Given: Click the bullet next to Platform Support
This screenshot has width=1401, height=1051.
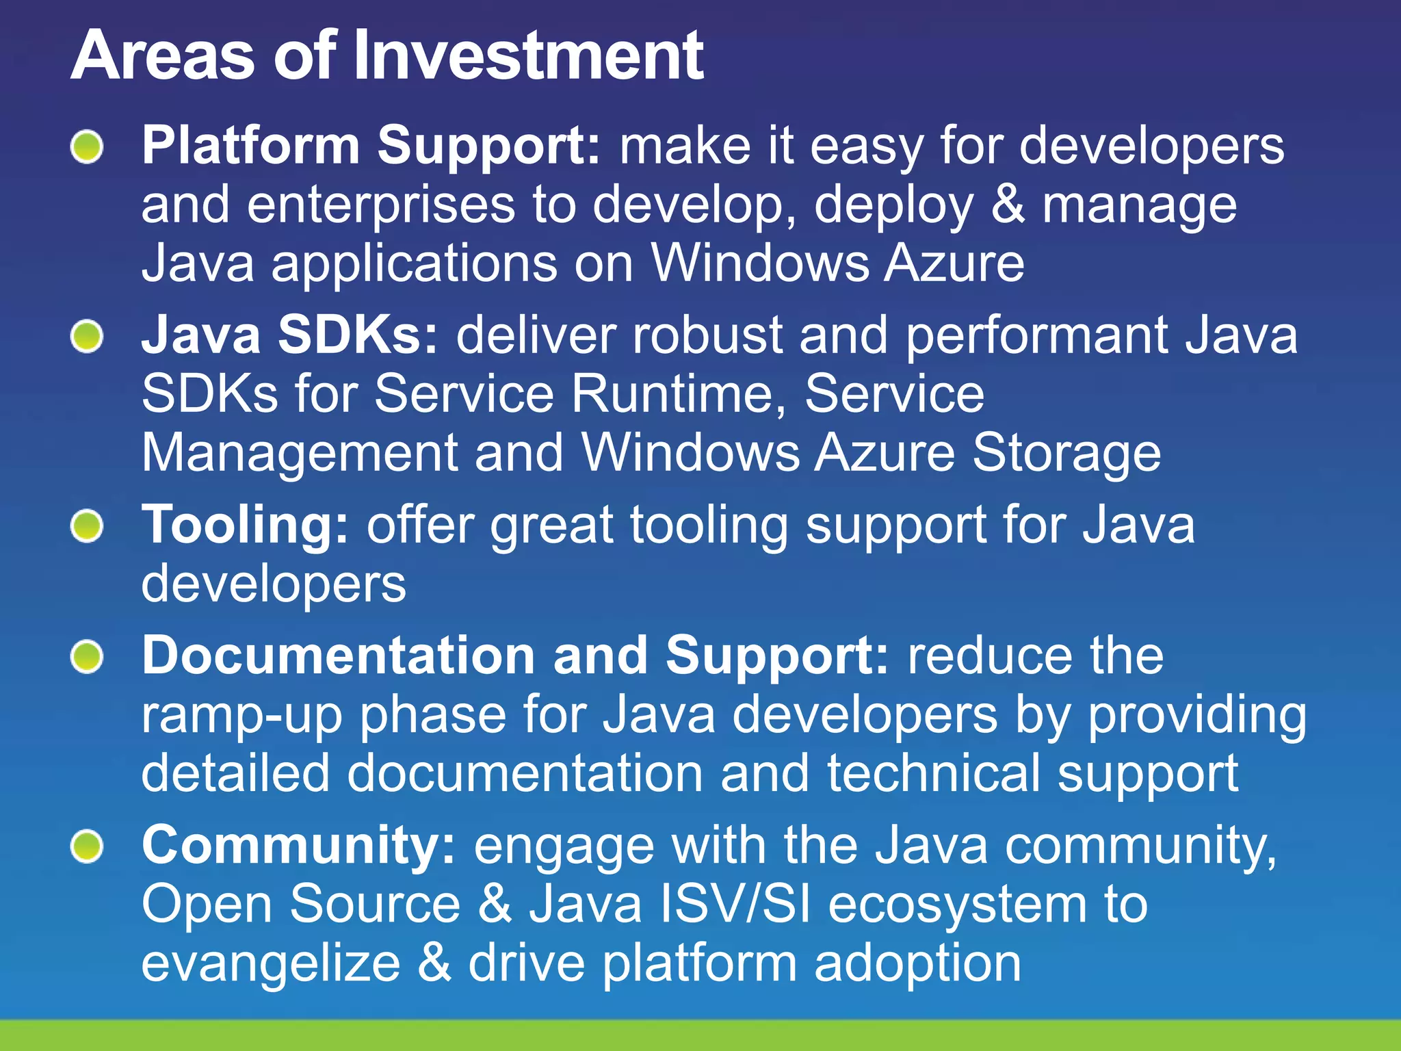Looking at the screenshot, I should tap(87, 146).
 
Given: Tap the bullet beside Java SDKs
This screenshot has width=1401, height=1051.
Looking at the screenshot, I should tap(87, 337).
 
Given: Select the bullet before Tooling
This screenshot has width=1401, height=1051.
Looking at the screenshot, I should tap(87, 526).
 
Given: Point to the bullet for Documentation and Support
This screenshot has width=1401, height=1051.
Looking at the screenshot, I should tap(87, 657).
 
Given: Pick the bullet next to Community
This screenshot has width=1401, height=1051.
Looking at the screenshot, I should tap(87, 847).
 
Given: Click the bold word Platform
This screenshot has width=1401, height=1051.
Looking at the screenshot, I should tap(250, 146).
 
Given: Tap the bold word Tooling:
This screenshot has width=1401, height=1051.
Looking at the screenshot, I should tap(246, 526).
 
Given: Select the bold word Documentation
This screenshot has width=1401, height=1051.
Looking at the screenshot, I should tap(338, 656).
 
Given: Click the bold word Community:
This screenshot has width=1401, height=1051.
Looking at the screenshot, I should tap(298, 846).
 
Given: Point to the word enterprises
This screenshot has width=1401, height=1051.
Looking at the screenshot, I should tap(380, 205).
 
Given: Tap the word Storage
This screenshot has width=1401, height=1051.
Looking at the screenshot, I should tap(1066, 454).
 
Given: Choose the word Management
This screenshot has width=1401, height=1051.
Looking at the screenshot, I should tap(300, 454).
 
